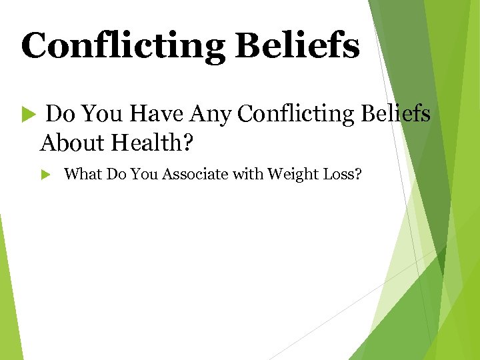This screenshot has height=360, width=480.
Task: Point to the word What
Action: [x=83, y=175]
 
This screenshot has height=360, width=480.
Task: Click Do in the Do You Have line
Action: [x=59, y=114]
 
